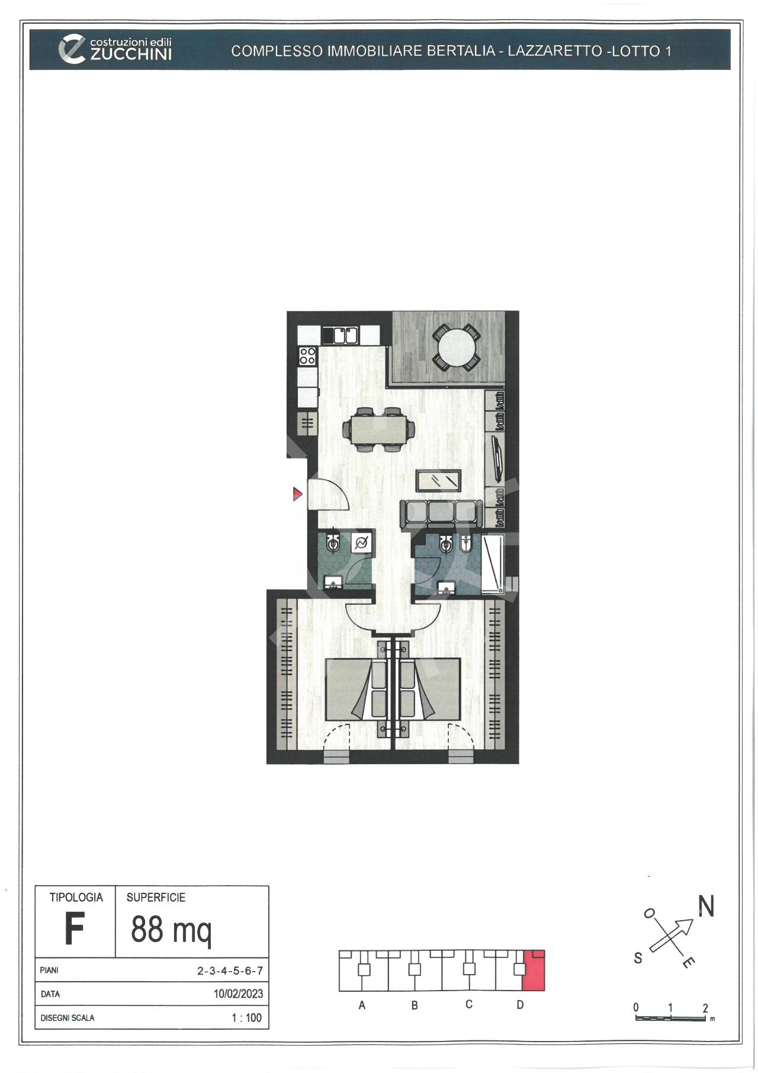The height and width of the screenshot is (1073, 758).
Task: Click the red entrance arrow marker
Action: point(297,493)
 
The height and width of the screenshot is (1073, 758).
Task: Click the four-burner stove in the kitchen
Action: point(307,356)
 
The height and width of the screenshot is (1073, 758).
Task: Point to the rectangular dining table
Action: point(378,429)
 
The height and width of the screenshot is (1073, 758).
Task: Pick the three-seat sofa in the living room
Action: point(441,515)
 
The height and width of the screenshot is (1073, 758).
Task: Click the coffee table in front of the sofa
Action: point(439,480)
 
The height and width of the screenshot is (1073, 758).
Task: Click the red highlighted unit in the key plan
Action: point(533,971)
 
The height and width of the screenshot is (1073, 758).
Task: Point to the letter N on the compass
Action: point(706,906)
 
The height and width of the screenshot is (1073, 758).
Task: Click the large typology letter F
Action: point(74,929)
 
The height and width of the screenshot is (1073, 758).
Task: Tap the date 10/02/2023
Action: point(238,994)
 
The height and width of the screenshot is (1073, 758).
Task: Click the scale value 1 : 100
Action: point(246,1018)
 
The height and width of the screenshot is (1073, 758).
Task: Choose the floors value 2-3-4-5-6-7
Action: point(230,971)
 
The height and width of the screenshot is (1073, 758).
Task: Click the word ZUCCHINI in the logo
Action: point(131,55)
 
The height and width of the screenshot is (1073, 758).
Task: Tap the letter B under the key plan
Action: point(415,1005)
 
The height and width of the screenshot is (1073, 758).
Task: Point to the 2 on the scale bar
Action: point(705,1008)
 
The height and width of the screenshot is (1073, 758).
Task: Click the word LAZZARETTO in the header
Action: point(554,51)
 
